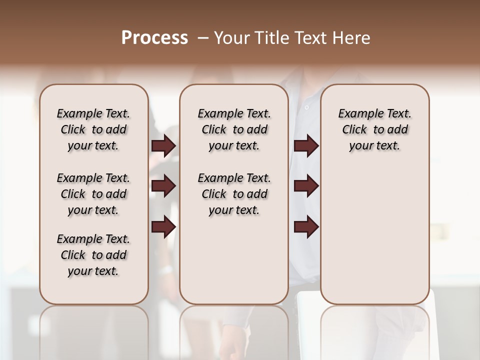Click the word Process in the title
(154, 38)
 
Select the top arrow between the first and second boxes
(163, 146)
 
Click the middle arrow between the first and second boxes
(163, 186)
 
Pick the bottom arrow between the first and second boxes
(163, 227)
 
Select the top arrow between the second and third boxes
(306, 146)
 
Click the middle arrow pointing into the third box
(306, 186)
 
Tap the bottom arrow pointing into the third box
(306, 227)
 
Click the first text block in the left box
(93, 129)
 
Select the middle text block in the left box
(93, 194)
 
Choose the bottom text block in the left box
(93, 255)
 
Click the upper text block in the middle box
(234, 129)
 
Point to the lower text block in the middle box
(234, 194)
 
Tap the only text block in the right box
(375, 129)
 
